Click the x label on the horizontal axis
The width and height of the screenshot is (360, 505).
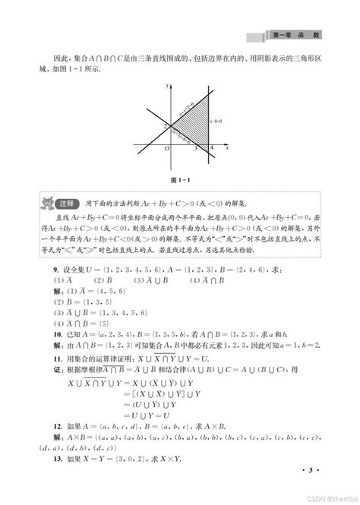[227, 147]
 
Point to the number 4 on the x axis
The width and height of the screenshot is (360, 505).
[211, 147]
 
